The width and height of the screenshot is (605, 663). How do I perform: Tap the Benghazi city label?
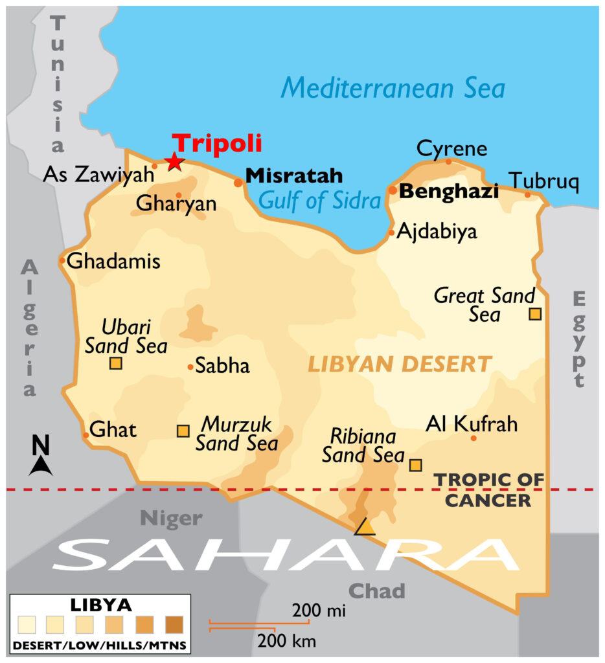click(x=448, y=192)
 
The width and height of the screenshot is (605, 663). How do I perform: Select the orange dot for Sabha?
click(x=190, y=367)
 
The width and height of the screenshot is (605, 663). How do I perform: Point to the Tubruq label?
click(x=543, y=181)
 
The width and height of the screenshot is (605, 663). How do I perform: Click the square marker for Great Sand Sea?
click(x=535, y=314)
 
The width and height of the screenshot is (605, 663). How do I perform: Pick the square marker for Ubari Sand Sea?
click(x=115, y=363)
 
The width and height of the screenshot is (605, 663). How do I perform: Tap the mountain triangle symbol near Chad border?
click(x=365, y=527)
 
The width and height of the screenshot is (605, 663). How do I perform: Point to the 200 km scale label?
click(x=287, y=642)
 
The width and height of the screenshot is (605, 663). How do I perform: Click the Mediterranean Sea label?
click(x=393, y=87)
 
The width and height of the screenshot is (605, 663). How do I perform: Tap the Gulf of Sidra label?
click(x=319, y=201)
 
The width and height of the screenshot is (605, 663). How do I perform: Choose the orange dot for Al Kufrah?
click(x=474, y=438)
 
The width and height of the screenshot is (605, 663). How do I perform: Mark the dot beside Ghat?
click(x=86, y=434)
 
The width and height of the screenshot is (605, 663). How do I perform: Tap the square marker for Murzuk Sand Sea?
click(x=183, y=431)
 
